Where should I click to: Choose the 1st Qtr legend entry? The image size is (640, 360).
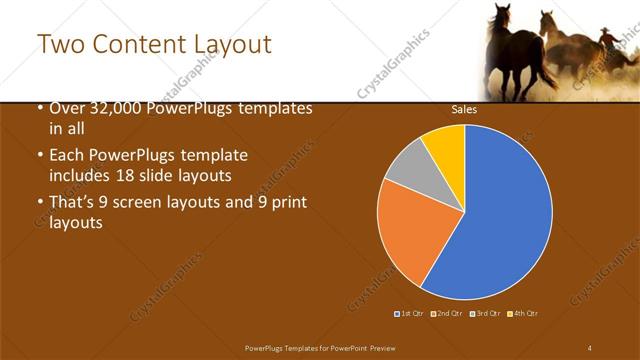[409, 314]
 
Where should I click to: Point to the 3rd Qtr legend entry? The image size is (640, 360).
[485, 314]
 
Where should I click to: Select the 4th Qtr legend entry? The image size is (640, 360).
[523, 314]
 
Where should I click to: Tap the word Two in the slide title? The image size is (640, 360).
[58, 44]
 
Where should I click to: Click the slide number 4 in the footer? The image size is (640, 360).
[589, 346]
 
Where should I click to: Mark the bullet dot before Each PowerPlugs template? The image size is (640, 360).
[39, 157]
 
